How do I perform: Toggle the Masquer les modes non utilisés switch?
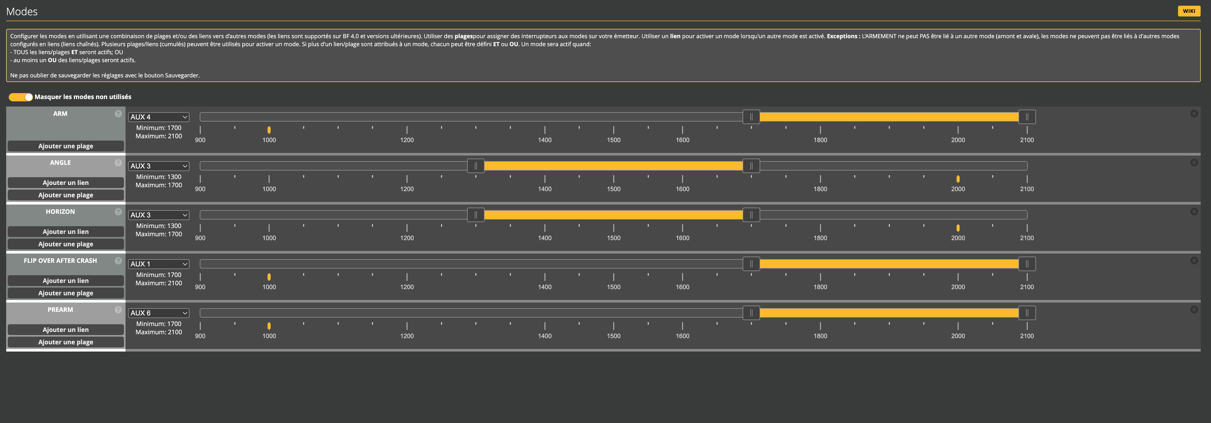point(21,97)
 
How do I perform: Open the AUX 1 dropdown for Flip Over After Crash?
point(159,264)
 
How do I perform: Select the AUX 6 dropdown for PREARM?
point(159,313)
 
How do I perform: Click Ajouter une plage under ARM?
point(65,146)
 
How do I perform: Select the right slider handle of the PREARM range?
point(1027,313)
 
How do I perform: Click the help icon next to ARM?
point(118,114)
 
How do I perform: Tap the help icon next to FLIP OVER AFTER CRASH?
point(118,261)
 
